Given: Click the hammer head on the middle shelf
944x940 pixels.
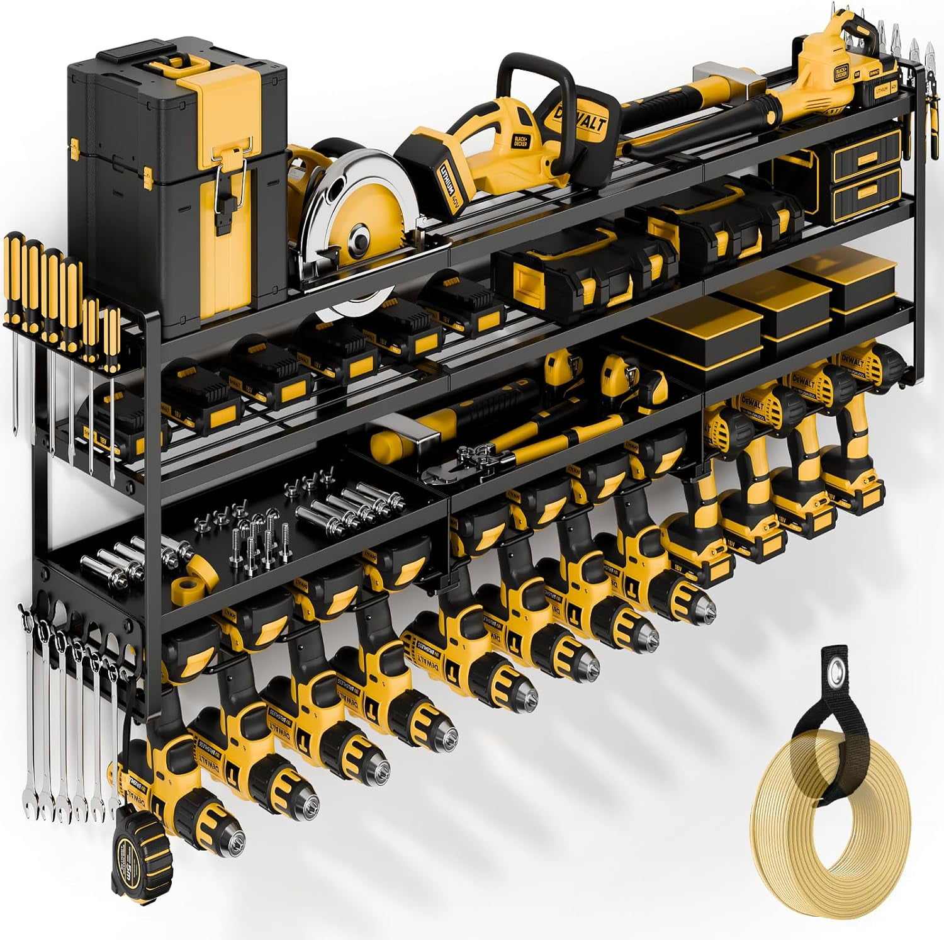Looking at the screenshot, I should click(x=403, y=438).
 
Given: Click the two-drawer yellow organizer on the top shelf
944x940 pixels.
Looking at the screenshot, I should click(x=856, y=176).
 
